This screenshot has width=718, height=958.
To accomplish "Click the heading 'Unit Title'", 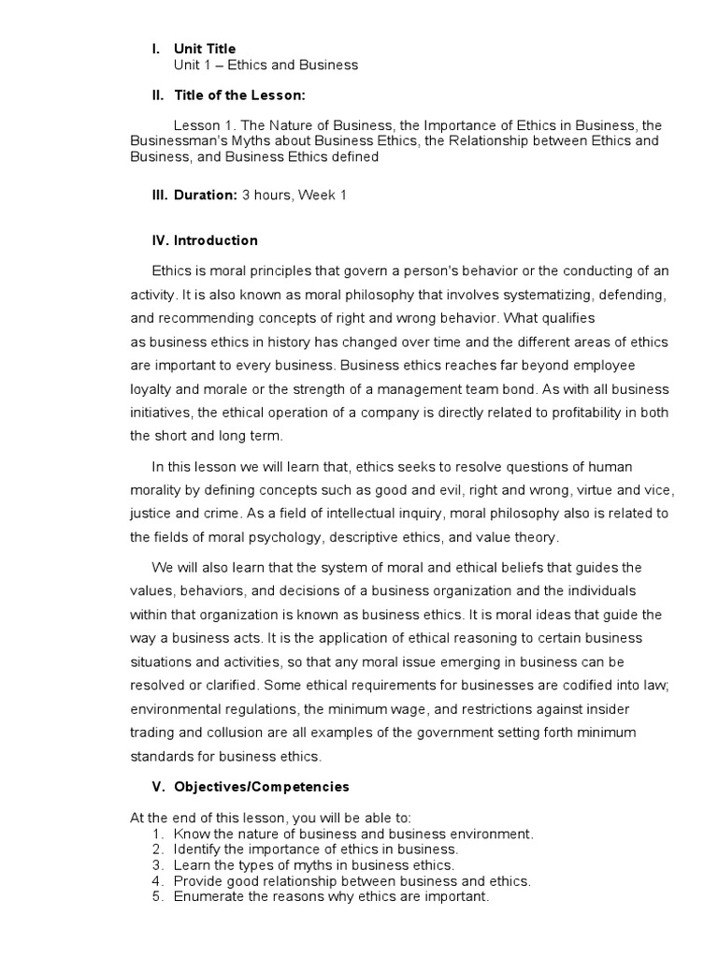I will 204,49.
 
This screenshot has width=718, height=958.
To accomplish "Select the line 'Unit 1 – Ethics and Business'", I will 266,65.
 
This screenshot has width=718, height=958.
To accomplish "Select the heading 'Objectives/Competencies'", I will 262,787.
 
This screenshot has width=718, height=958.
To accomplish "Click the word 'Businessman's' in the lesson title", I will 177,140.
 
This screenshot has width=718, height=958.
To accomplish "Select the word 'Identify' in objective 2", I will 196,849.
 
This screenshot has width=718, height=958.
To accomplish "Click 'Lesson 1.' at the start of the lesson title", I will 207,125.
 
